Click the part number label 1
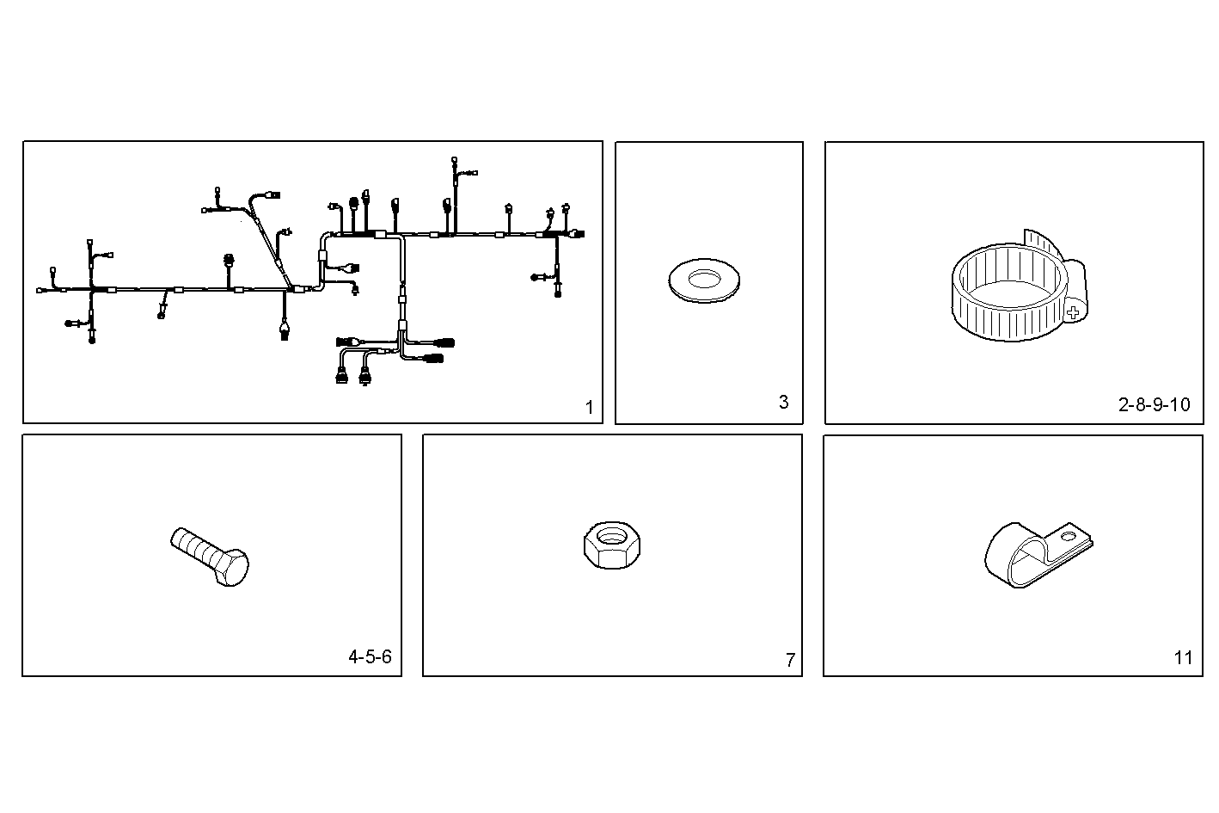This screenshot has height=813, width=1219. tap(589, 408)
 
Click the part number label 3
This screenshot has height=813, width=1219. tap(783, 402)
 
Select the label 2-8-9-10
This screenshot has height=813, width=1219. tap(1154, 404)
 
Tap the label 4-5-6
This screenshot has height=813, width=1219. tap(370, 657)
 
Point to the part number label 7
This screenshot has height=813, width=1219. tap(790, 661)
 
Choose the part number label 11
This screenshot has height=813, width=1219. tap(1183, 658)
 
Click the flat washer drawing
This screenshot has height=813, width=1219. tap(703, 283)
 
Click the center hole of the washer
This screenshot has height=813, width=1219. tap(705, 278)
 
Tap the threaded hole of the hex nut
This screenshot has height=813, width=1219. tap(611, 537)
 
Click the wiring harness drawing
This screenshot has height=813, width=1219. tap(309, 275)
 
